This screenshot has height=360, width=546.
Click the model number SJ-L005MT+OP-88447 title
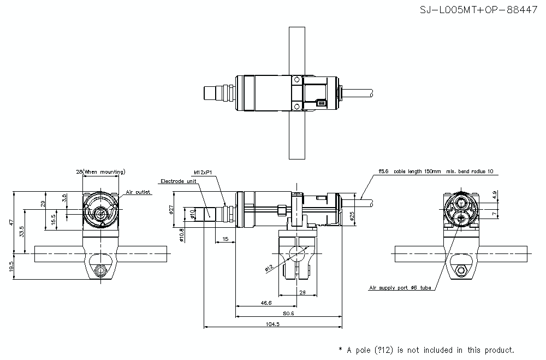(478, 10)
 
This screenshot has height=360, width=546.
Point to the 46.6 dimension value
(265, 302)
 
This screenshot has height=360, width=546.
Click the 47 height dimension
(10, 222)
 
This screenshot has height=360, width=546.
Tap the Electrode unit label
(178, 181)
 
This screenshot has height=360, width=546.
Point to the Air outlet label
(138, 192)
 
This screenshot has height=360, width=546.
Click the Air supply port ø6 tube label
(400, 287)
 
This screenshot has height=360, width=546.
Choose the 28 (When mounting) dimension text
(100, 172)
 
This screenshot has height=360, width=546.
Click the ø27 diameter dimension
(171, 209)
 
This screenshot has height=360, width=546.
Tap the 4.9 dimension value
(494, 194)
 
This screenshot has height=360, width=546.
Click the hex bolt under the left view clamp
(100, 270)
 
